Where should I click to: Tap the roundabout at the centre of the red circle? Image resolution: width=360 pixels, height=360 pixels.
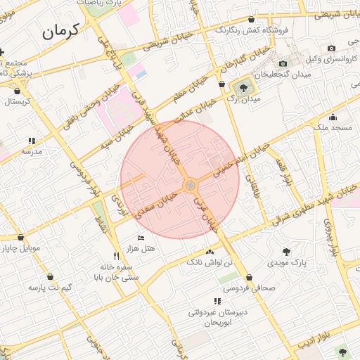pos(190,185)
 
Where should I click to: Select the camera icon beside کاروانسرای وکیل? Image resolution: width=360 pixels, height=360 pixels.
pos(331,49)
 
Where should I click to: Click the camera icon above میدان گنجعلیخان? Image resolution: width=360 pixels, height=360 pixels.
pos(283,64)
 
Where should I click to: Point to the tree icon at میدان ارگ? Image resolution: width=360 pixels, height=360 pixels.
pos(243,88)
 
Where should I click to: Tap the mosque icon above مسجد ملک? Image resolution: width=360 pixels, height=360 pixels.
pos(332,117)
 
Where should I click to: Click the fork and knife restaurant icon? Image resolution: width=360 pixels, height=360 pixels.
pos(116,256)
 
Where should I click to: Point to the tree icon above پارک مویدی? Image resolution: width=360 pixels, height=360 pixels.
pos(286,251)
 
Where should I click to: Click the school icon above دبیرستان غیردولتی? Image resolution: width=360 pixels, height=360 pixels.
pos(209,302)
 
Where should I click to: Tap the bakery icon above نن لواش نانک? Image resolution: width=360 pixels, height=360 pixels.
pos(209,252)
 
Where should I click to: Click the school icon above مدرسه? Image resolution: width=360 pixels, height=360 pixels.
pos(32,141)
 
